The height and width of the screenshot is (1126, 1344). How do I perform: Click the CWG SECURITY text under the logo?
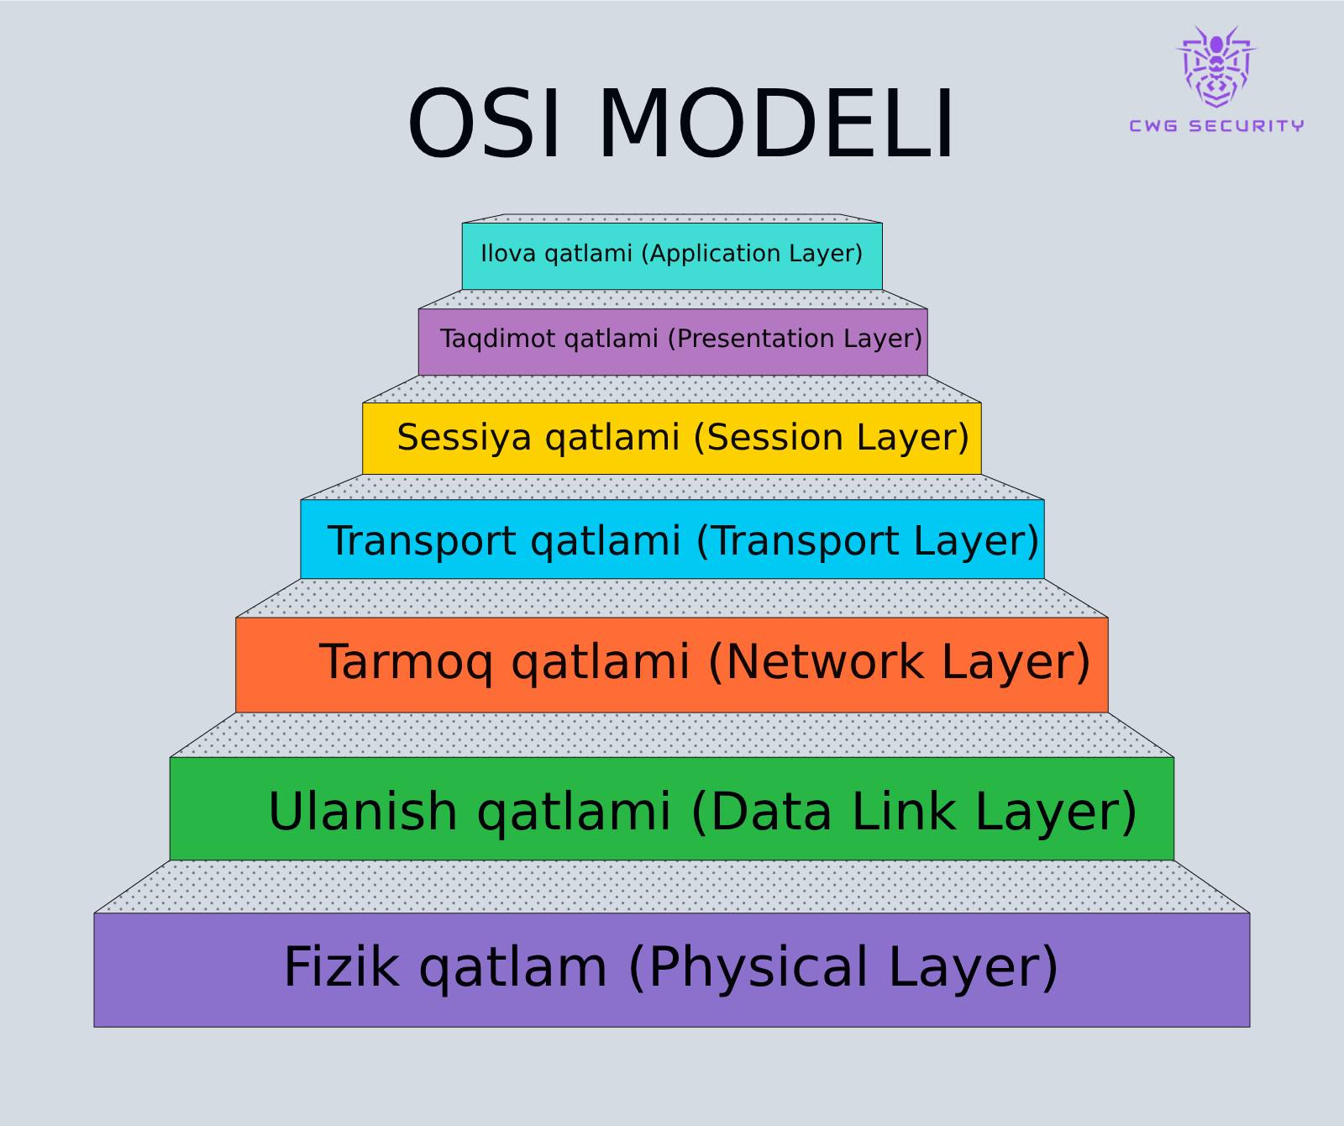pos(1215,126)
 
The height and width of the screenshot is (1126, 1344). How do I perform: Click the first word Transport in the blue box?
pos(421,540)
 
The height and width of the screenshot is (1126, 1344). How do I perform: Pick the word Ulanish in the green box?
pos(363,812)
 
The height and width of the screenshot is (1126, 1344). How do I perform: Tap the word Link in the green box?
pos(904,812)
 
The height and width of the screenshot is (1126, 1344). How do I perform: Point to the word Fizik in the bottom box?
pos(341,966)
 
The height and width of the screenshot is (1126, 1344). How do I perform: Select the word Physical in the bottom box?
pos(758,966)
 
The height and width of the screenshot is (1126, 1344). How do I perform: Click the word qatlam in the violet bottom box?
pos(512,966)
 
